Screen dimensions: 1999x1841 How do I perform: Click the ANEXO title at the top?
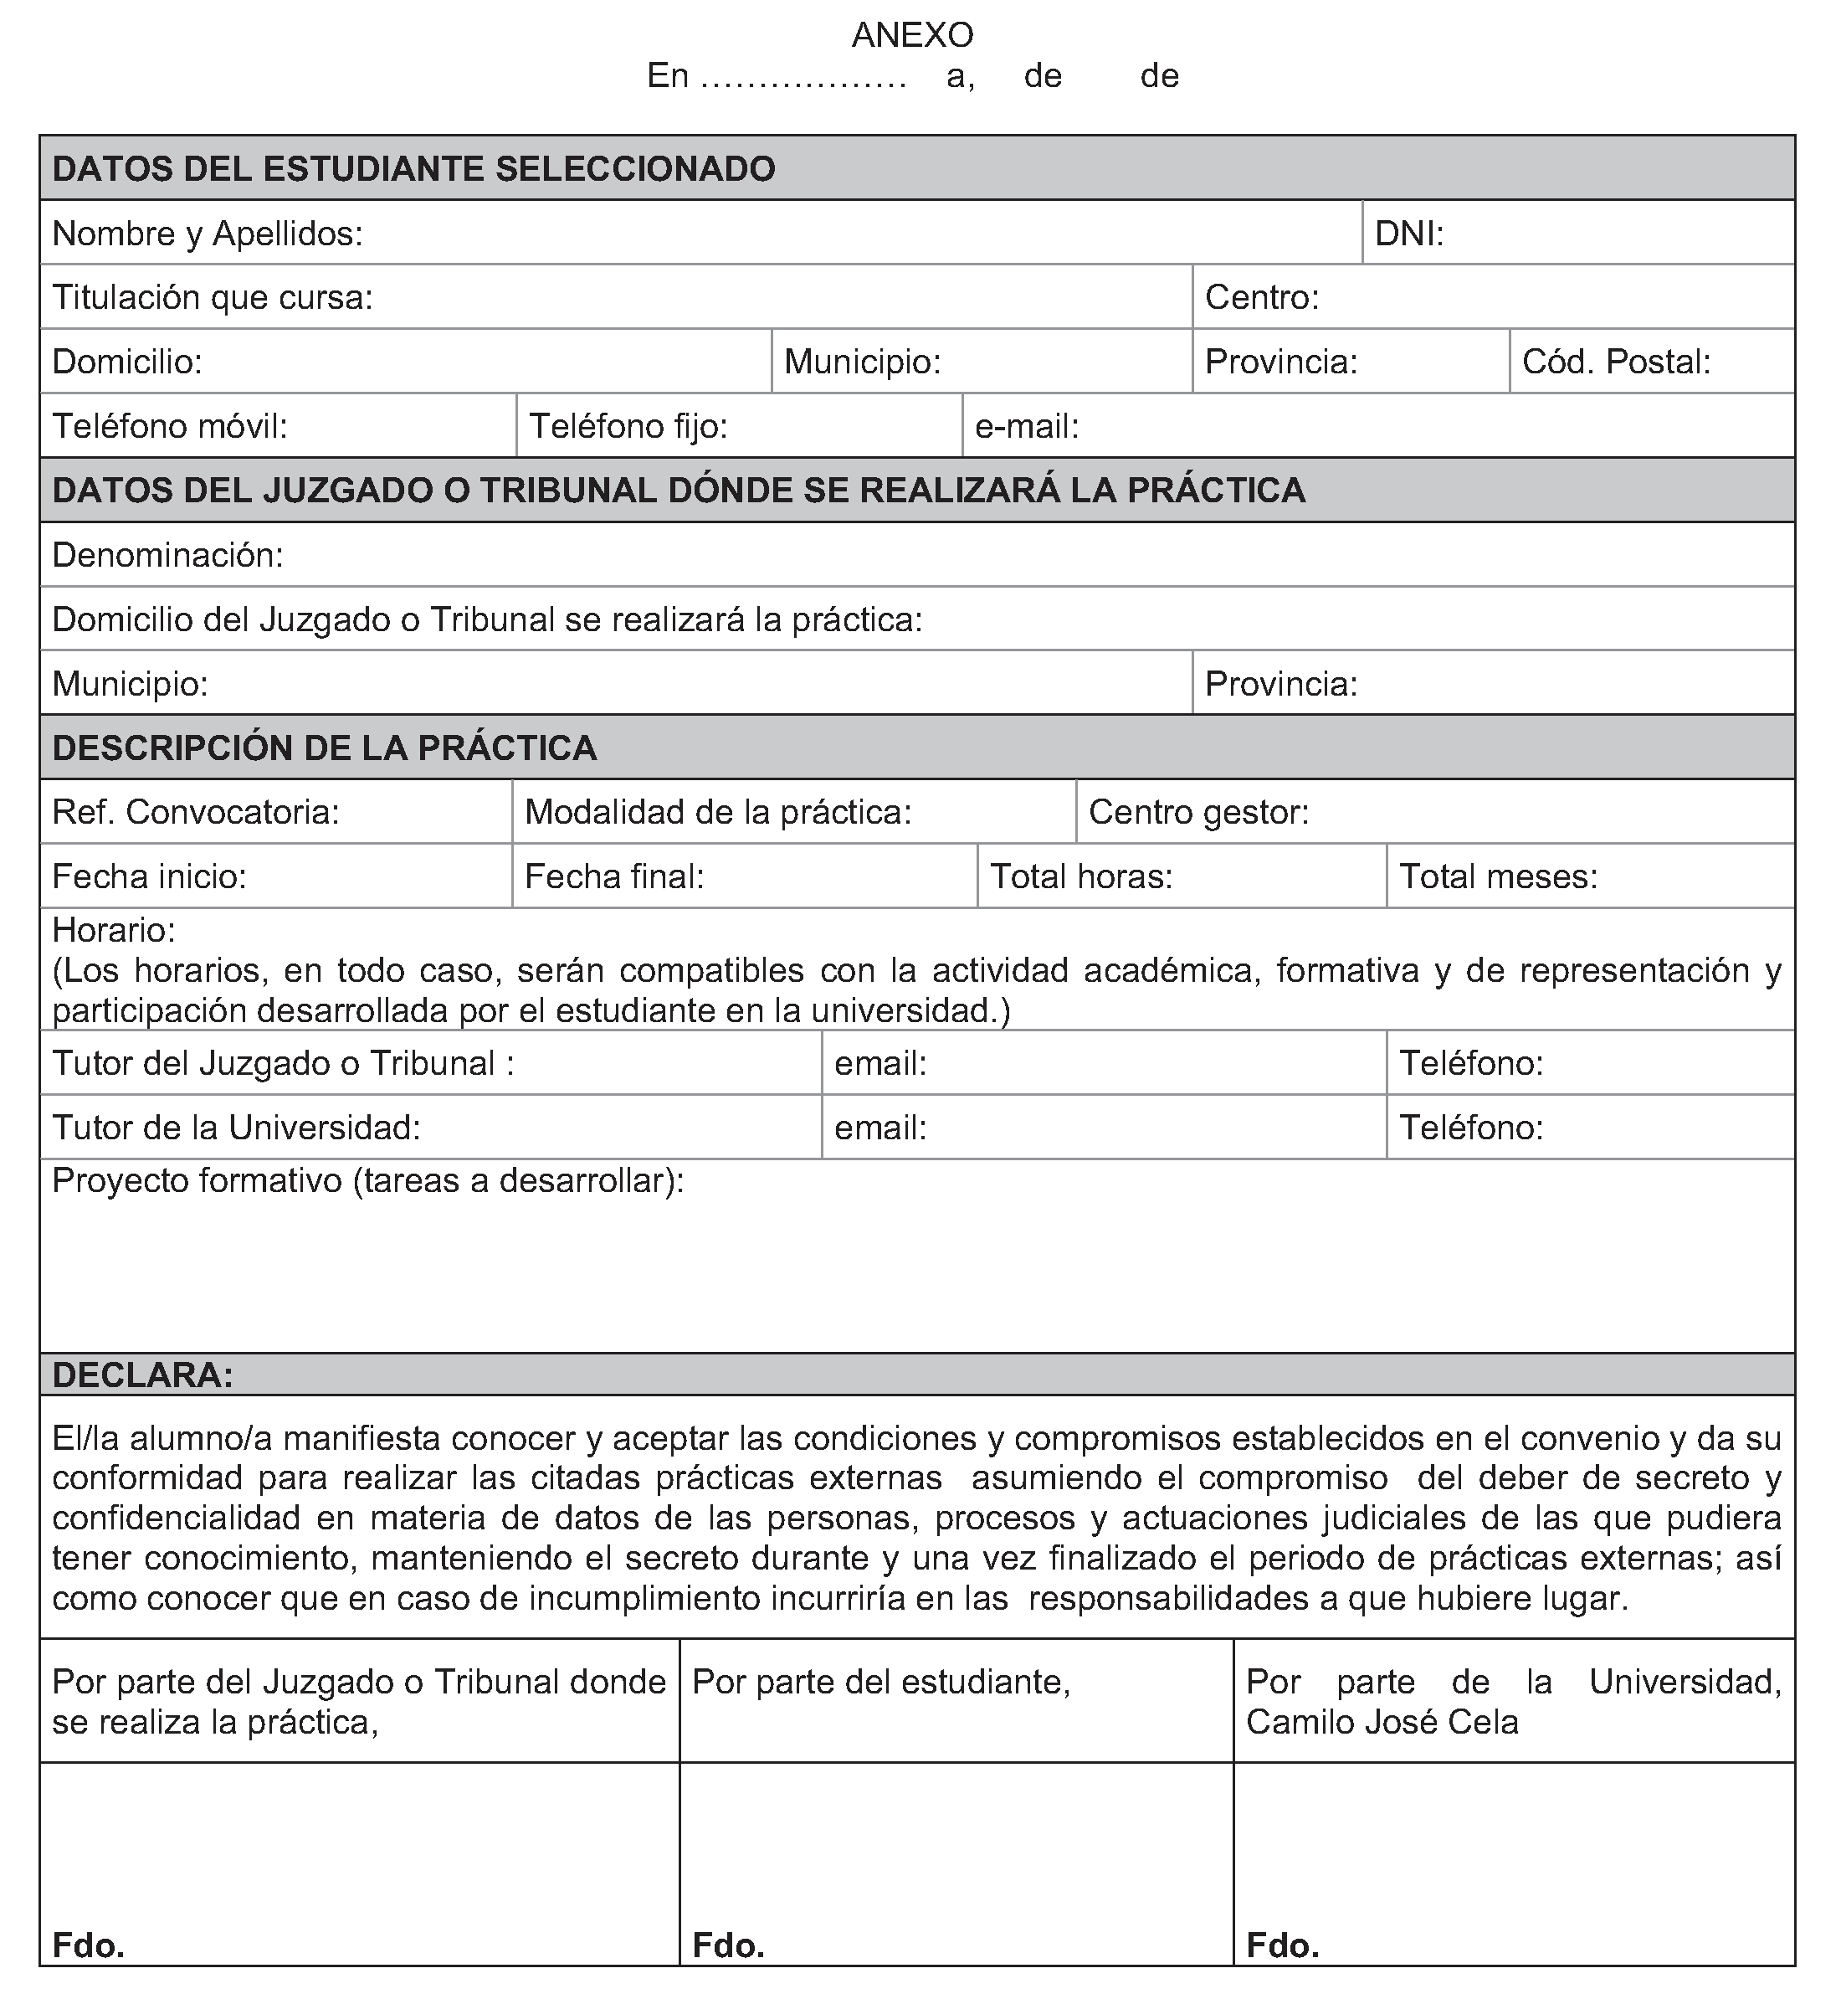[911, 35]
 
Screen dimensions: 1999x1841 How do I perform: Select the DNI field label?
[1408, 234]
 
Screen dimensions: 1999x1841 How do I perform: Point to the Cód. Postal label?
[1615, 362]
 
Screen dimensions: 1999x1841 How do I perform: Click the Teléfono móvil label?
[169, 427]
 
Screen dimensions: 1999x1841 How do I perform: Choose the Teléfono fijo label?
[628, 427]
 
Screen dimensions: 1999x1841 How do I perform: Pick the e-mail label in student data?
[1026, 427]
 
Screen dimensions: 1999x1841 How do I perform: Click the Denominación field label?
[167, 555]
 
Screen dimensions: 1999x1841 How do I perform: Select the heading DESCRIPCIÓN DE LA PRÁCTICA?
[324, 748]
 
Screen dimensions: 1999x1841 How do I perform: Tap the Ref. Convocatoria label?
[195, 812]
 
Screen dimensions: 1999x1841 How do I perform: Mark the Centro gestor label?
[1197, 812]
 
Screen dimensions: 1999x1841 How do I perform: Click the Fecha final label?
[613, 877]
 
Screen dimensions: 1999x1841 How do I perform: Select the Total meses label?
[1497, 877]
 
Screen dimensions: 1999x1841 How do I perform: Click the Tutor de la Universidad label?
[235, 1128]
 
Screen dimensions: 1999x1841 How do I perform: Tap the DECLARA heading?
[142, 1375]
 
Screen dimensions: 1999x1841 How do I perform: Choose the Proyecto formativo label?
[367, 1181]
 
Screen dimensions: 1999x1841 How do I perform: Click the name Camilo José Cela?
[1382, 1723]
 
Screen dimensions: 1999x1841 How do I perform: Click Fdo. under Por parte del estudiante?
[727, 1945]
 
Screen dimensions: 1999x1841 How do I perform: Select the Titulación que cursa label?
[213, 297]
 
